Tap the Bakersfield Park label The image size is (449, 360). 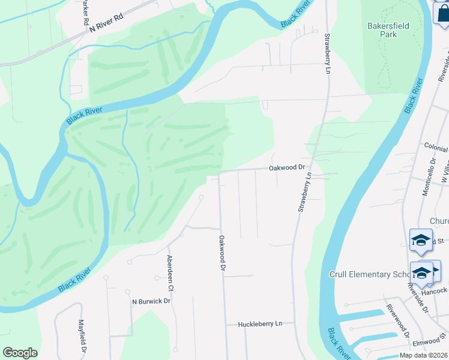click(x=382, y=30)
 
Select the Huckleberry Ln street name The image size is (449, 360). click(x=260, y=324)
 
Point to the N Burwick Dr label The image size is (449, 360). click(x=152, y=301)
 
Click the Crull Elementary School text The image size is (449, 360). click(x=369, y=274)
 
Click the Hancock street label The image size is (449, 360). click(x=435, y=291)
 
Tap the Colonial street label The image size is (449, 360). click(x=436, y=148)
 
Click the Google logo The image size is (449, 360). click(x=20, y=353)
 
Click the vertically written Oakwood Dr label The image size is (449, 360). click(x=221, y=254)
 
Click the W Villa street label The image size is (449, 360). click(x=445, y=172)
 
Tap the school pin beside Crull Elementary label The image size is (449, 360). click(x=421, y=272)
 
